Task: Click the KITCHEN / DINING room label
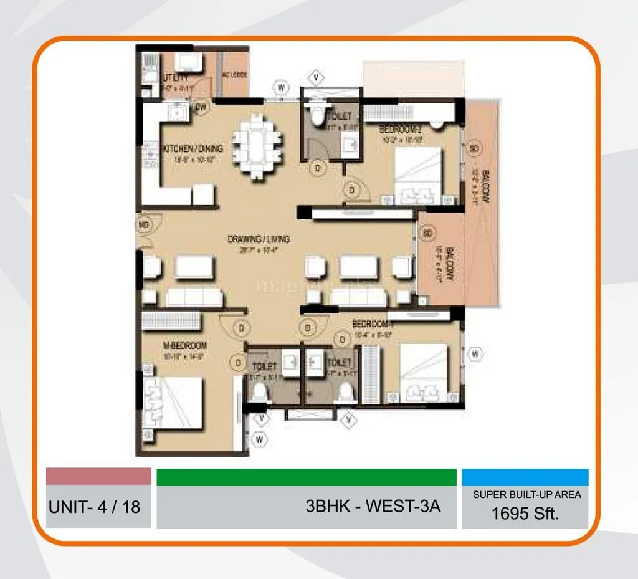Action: tap(193, 149)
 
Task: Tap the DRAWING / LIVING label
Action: tap(259, 239)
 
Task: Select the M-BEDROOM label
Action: tap(185, 345)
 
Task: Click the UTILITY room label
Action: tap(175, 77)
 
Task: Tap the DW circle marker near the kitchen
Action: tap(201, 107)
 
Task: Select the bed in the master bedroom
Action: tap(174, 403)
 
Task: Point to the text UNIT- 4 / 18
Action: tap(94, 506)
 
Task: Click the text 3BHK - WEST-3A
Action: tap(373, 505)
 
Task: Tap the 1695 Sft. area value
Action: tap(525, 514)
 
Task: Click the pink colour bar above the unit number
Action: tap(98, 476)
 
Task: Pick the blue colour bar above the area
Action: tap(525, 477)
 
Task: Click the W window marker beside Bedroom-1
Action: tap(475, 354)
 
